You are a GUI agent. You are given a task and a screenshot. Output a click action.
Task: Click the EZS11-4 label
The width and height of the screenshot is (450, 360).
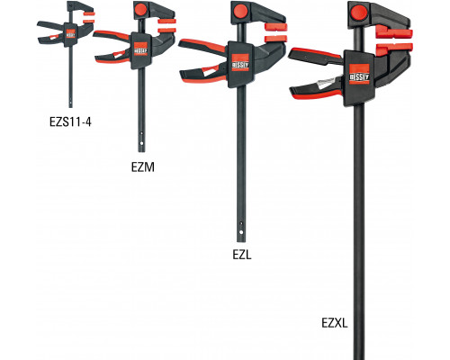click(x=70, y=121)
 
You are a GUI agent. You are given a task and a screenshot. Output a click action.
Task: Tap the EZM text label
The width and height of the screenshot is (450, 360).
click(x=143, y=167)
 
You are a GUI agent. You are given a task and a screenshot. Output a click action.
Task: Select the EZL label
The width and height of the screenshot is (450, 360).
click(x=242, y=255)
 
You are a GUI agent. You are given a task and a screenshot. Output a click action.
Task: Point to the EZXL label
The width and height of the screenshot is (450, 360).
click(x=335, y=323)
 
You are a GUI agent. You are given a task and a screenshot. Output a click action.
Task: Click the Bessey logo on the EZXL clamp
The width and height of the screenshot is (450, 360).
click(x=359, y=74)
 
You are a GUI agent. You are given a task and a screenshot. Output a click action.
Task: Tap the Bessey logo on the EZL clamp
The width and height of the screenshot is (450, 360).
click(x=240, y=63)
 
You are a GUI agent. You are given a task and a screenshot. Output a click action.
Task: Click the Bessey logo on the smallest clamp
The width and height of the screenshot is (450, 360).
click(x=70, y=33)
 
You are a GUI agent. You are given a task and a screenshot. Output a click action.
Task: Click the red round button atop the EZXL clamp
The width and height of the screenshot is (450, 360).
click(x=359, y=13)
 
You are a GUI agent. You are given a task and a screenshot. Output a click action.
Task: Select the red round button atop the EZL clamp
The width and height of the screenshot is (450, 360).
click(x=240, y=11)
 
